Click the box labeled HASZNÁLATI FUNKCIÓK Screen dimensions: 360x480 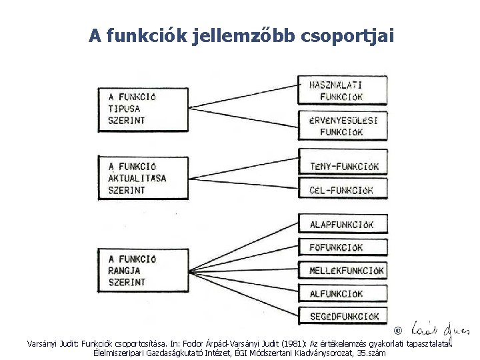343,91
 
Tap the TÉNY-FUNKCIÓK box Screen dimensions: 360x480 343,166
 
